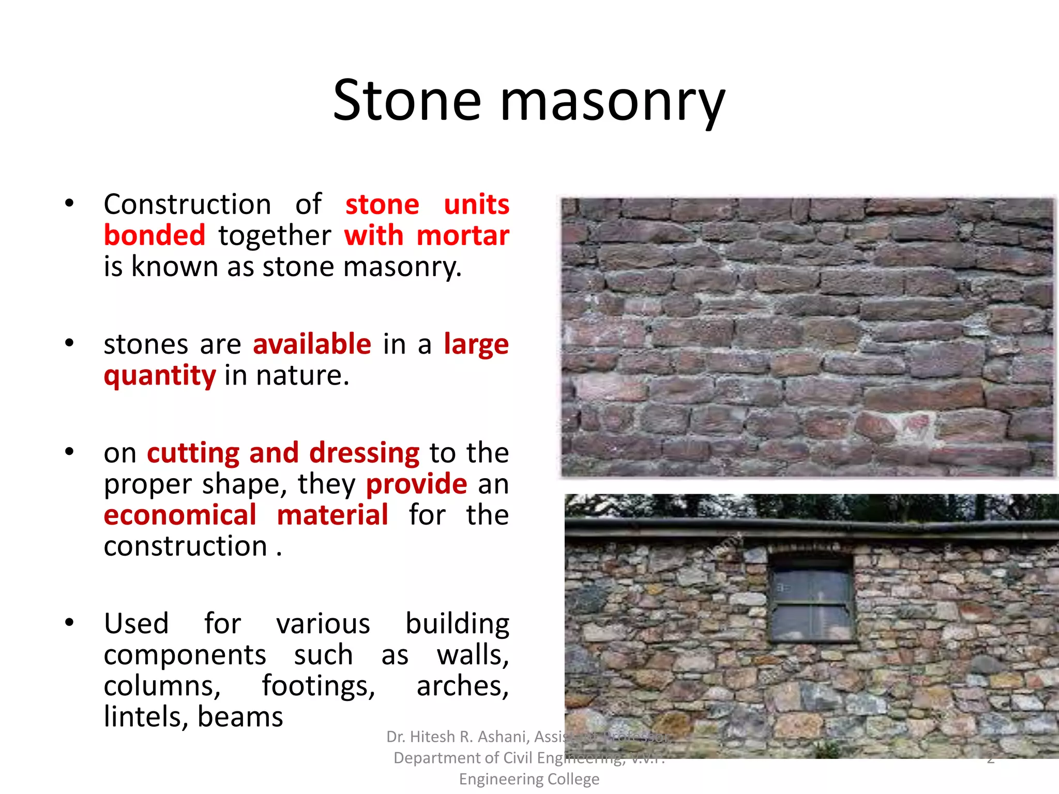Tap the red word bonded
point(155,235)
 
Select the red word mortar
point(463,235)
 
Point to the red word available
point(312,344)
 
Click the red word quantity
point(160,376)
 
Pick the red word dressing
point(365,453)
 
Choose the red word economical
point(180,515)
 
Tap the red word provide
point(417,484)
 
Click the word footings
point(318,686)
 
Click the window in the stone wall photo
point(811,603)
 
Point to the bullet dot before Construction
point(69,203)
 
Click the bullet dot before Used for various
point(69,622)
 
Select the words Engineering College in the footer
point(529,779)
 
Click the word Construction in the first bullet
point(187,204)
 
